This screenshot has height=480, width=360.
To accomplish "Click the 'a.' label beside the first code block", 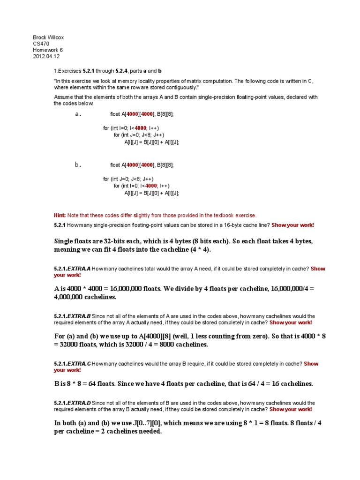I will tap(78, 114).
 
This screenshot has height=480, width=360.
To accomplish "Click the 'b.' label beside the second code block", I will tap(78, 165).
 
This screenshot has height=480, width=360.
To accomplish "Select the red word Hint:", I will tap(60, 216).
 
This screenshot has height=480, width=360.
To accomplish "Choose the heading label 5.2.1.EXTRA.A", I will tap(72, 269).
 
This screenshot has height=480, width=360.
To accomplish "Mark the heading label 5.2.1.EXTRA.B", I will tap(72, 316).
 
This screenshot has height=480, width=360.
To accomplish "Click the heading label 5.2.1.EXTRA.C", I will tap(72, 364).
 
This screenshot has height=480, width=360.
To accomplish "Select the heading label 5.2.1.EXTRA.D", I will tap(72, 403).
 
